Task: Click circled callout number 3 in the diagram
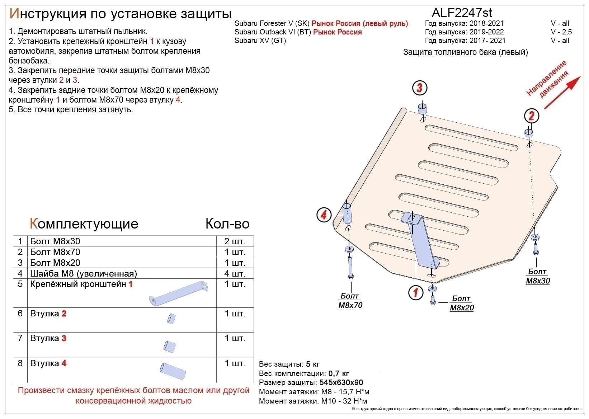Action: [420, 88]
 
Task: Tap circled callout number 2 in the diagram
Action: [532, 116]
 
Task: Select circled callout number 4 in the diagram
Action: [324, 215]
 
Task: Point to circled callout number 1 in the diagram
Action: [415, 292]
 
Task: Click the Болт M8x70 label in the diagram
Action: [350, 301]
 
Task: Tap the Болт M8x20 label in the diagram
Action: [462, 303]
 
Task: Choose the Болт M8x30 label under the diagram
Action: [538, 276]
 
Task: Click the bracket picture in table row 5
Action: [179, 293]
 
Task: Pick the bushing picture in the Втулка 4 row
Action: [173, 371]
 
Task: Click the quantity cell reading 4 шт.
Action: [235, 273]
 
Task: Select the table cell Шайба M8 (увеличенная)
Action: [84, 273]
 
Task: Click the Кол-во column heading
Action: [227, 224]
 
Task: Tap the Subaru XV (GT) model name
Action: [260, 41]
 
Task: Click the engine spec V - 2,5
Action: [561, 32]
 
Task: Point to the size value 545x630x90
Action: [341, 382]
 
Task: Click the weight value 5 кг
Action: [313, 364]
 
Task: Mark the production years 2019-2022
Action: [487, 32]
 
